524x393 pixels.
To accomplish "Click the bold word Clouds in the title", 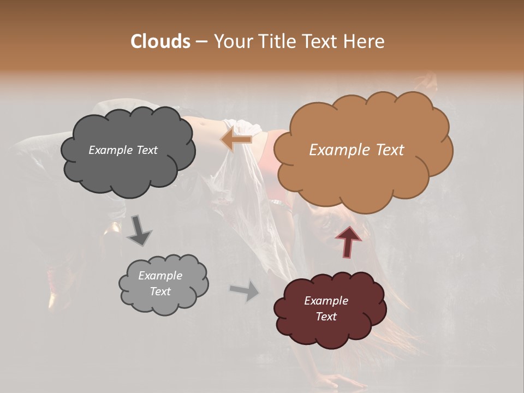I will pyautogui.click(x=160, y=41).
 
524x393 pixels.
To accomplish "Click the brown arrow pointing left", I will pyautogui.click(x=236, y=139).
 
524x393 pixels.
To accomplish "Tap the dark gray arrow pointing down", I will pyautogui.click(x=139, y=230).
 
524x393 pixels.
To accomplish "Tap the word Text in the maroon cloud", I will pyautogui.click(x=326, y=317).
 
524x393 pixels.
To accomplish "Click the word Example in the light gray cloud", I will pyautogui.click(x=160, y=276).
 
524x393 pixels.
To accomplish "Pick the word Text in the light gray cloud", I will pyautogui.click(x=160, y=291).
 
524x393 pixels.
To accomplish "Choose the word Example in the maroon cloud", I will pyautogui.click(x=326, y=301).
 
